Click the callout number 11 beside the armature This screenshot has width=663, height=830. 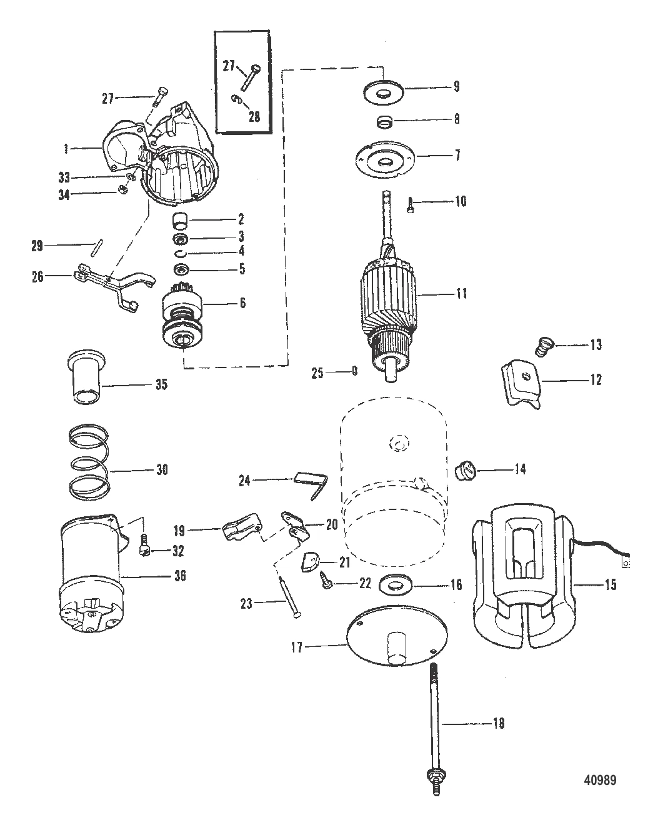[462, 294]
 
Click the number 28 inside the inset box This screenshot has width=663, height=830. [254, 116]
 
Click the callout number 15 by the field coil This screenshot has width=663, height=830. [611, 585]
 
